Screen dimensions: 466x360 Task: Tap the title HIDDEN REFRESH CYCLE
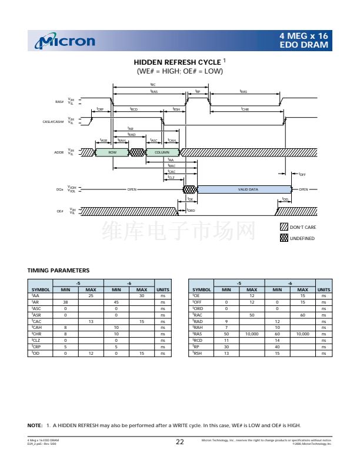coord(177,62)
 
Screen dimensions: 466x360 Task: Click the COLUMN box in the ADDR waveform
coord(162,152)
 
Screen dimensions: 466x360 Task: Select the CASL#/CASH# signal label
coord(54,121)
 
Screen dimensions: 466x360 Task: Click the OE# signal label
coord(60,211)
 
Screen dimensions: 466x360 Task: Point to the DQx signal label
coord(59,189)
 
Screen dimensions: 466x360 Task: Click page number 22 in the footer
coord(180,442)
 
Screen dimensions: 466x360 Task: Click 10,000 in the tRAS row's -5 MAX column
coord(252,334)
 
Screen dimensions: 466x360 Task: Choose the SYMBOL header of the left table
coord(41,289)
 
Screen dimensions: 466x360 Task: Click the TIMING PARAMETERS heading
coord(59,271)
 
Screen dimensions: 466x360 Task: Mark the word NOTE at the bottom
coord(35,425)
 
